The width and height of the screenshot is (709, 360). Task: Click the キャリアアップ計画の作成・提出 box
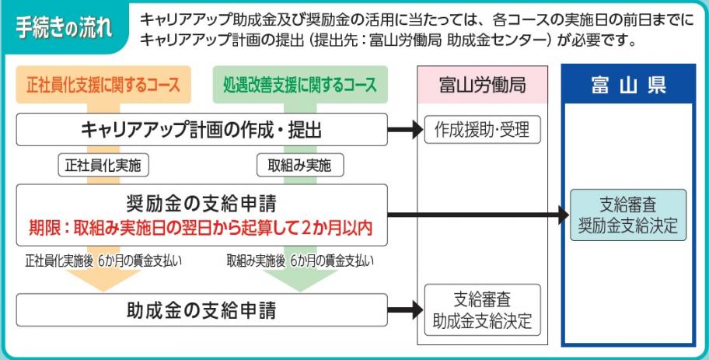click(x=201, y=129)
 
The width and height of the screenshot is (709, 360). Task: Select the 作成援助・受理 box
click(x=482, y=129)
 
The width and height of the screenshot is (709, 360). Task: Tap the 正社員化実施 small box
click(x=103, y=165)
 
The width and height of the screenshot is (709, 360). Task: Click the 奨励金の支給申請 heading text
click(x=201, y=204)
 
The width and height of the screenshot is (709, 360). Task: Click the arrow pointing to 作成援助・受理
click(x=405, y=129)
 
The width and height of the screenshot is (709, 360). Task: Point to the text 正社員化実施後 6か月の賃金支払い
click(x=103, y=260)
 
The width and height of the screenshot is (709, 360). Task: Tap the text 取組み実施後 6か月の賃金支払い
click(x=299, y=260)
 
